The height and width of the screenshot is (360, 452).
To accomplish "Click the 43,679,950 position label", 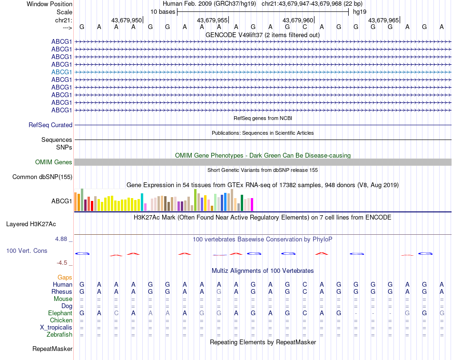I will (127, 20).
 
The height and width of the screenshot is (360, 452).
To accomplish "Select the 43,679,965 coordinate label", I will (383, 20).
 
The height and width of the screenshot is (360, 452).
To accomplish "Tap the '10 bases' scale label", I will (163, 11).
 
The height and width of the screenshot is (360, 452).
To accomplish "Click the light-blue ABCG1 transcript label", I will (62, 72).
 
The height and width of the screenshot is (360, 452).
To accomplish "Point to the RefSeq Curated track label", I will (50, 125).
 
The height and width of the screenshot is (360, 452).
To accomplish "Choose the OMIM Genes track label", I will (54, 162).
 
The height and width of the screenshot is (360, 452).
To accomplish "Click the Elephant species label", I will (60, 313).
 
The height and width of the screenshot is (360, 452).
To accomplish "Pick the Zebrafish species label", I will (59, 335).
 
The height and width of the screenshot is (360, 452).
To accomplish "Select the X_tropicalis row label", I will (56, 328).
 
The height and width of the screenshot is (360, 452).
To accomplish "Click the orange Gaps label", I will (65, 277).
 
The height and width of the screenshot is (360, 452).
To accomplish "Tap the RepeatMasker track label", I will (52, 349).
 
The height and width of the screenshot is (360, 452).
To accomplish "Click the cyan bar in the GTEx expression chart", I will (142, 202).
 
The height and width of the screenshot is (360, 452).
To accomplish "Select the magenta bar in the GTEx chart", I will (252, 204).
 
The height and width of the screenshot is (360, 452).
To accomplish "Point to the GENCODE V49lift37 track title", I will (263, 35).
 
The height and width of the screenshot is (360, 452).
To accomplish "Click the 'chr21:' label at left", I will (64, 20).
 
